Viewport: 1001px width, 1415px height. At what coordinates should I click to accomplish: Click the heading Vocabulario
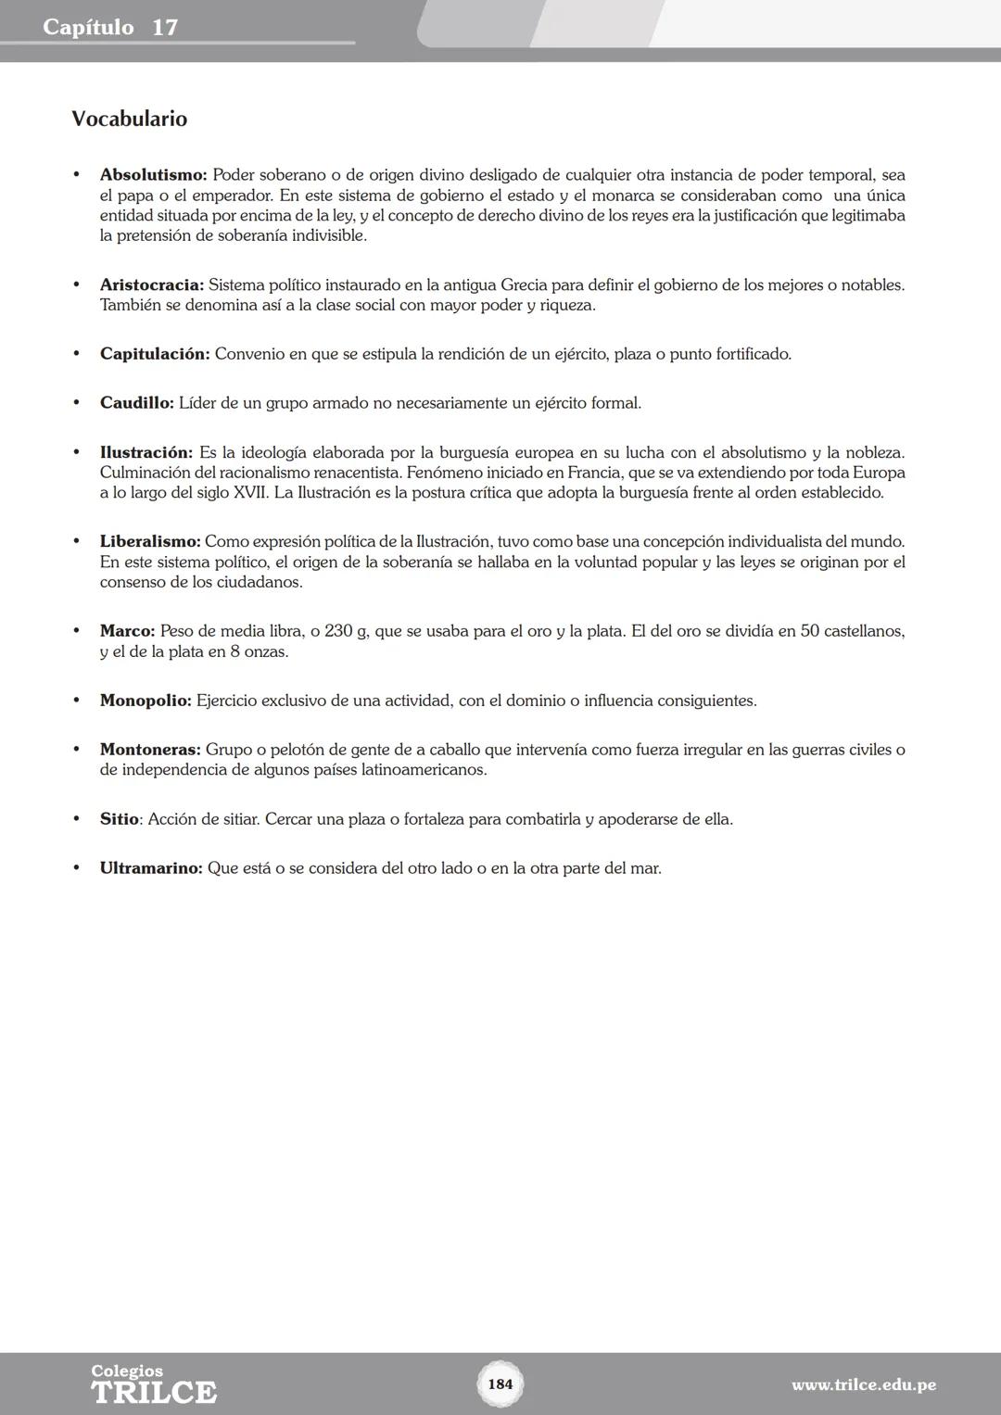tap(129, 120)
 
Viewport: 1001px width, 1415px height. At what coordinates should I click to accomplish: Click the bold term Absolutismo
tap(153, 175)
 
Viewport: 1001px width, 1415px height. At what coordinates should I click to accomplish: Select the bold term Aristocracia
tap(151, 285)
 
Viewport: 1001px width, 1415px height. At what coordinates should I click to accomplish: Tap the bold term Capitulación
tap(155, 354)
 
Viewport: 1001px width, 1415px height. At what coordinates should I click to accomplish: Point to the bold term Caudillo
tap(136, 403)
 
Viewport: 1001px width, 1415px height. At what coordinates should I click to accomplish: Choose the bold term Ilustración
tap(146, 453)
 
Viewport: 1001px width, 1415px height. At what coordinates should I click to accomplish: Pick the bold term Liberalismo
tap(149, 541)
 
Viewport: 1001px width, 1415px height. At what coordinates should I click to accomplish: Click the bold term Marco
tap(127, 631)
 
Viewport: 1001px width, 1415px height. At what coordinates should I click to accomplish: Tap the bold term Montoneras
tap(150, 750)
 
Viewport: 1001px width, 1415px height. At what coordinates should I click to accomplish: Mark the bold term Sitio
tap(119, 819)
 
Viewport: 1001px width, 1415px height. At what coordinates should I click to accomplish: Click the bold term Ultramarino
tap(150, 868)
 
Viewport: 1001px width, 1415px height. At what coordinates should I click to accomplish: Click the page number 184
tap(500, 1384)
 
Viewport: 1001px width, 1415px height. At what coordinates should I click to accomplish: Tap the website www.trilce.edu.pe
tap(863, 1385)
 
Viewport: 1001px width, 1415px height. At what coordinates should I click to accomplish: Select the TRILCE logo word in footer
tap(154, 1393)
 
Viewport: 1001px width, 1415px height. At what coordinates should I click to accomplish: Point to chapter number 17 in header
tap(165, 27)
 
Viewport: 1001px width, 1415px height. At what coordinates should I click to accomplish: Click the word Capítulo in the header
tap(88, 27)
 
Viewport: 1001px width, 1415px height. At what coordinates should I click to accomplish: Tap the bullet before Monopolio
tap(77, 701)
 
